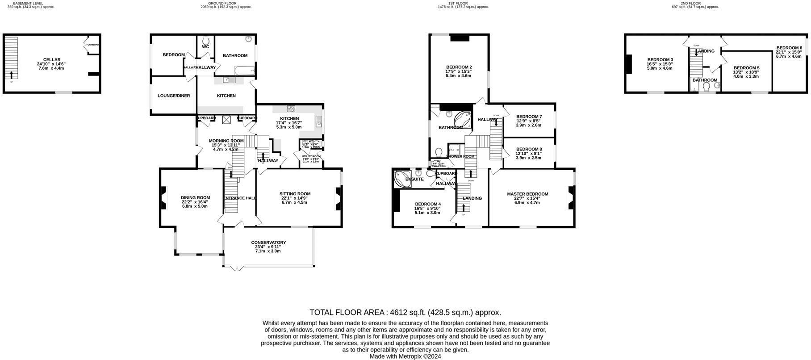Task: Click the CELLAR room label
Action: pos(51,59)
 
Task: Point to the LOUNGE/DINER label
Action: pos(174,96)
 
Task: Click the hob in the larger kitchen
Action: pos(291,108)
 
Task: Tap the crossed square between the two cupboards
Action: pos(226,119)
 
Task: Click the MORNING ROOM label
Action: pos(226,141)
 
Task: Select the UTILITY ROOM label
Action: pos(311,156)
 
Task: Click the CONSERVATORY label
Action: pos(268,243)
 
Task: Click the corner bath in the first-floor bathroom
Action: pos(462,119)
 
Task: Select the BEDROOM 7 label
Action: pos(529,117)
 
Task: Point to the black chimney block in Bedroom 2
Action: pos(460,38)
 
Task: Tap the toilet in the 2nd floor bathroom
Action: pos(706,86)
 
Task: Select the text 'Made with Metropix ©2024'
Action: pos(405,356)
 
